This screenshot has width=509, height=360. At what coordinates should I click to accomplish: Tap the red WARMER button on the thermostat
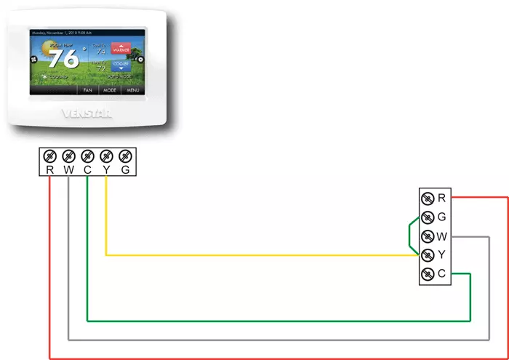pos(121,49)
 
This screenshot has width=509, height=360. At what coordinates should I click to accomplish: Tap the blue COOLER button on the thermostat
pos(121,65)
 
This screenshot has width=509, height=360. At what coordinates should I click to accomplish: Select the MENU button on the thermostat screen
pos(132,90)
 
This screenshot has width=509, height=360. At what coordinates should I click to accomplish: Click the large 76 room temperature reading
pos(64,58)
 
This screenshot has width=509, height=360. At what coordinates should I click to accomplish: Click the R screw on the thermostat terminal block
pos(49,156)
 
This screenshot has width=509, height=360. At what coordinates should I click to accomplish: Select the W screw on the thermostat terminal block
pos(68,156)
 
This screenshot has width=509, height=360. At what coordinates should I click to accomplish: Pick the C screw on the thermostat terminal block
pos(87,156)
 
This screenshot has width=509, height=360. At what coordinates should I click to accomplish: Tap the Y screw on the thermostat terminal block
pos(106,156)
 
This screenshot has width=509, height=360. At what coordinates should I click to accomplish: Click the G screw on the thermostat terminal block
pos(125,156)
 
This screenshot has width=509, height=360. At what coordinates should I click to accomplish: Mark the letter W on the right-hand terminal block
pos(442,236)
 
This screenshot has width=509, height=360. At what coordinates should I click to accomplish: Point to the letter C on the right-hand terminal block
pos(442,273)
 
